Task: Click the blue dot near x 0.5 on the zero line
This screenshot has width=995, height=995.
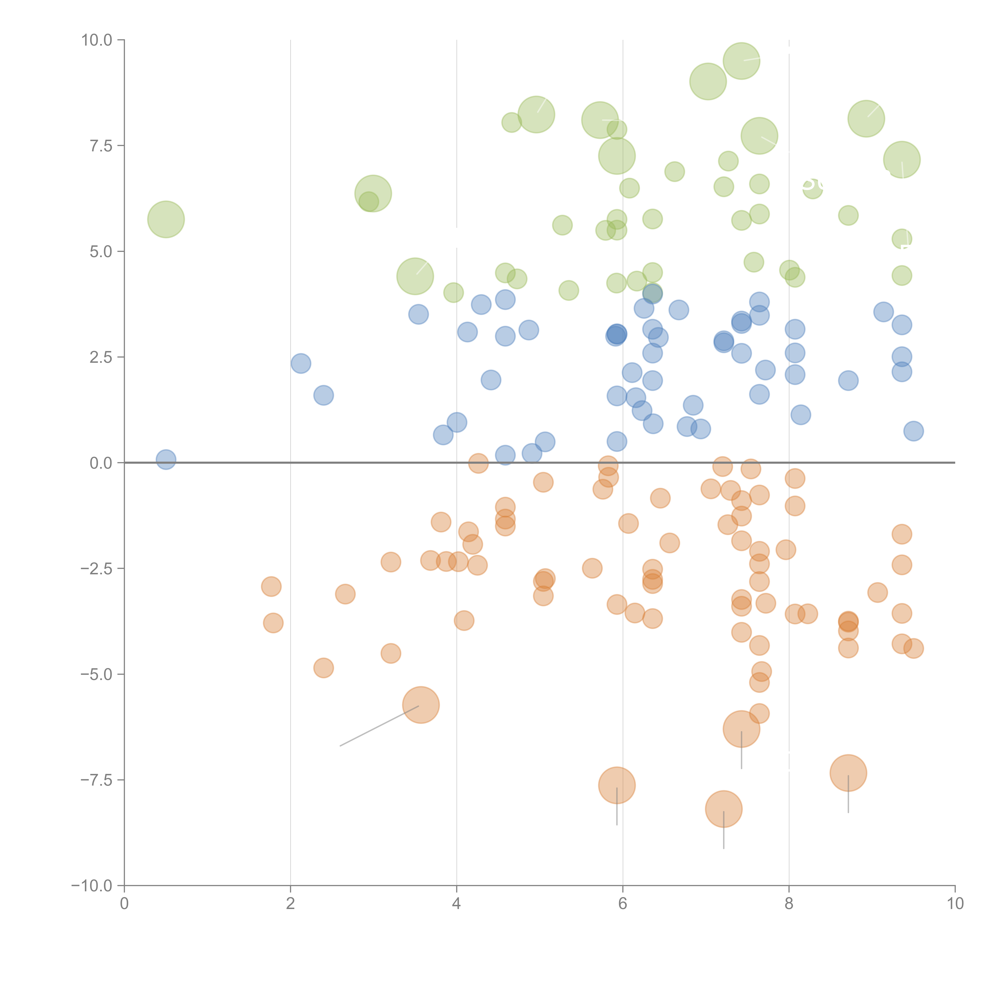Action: [166, 459]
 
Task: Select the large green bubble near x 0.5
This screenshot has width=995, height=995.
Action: [166, 219]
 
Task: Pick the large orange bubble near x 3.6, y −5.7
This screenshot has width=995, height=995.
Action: [421, 705]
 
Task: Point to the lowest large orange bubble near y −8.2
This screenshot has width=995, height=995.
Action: [724, 809]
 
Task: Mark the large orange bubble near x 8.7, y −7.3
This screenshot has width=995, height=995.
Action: [848, 773]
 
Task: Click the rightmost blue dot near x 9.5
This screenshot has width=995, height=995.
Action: [913, 431]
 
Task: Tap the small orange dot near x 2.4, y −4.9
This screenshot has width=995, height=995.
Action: [323, 668]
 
